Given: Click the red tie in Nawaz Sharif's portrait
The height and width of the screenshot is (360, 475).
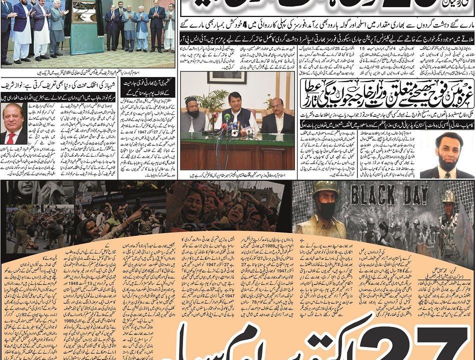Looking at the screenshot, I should [x=11, y=137].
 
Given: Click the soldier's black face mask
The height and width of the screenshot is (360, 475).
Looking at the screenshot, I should [x=326, y=209].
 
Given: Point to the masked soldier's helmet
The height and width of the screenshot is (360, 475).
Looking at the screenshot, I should [x=325, y=189].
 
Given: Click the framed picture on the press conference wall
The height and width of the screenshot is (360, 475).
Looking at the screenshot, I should [x=227, y=77].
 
